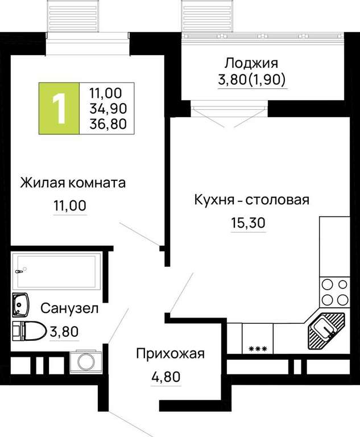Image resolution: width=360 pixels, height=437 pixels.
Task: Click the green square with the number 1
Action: pyautogui.click(x=59, y=109)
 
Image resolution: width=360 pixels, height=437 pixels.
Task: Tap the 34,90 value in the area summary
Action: pyautogui.click(x=108, y=109)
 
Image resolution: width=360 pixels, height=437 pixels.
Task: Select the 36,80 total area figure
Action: pyautogui.click(x=108, y=123)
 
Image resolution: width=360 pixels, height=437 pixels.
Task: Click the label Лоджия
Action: pyautogui.click(x=251, y=64)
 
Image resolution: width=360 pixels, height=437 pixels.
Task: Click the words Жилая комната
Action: pyautogui.click(x=73, y=183)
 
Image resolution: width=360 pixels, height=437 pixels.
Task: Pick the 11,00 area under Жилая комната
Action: pyautogui.click(x=70, y=205)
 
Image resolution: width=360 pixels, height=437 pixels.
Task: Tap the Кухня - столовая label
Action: pyautogui.click(x=251, y=200)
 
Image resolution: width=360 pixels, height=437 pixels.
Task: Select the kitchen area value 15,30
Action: pyautogui.click(x=248, y=223)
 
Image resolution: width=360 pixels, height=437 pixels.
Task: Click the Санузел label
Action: pyautogui.click(x=69, y=308)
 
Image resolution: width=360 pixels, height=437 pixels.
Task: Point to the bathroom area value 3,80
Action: pyautogui.click(x=64, y=332)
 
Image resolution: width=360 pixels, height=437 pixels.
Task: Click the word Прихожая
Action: pyautogui.click(x=170, y=354)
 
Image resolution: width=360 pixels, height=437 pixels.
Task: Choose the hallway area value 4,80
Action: pyautogui.click(x=166, y=377)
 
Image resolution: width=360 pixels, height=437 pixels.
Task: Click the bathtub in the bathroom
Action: pyautogui.click(x=56, y=271)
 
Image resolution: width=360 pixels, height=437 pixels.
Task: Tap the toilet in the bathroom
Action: pyautogui.click(x=29, y=331)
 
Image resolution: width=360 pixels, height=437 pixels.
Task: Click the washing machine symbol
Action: pyautogui.click(x=86, y=361)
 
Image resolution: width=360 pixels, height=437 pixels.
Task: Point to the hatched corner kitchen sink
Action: pyautogui.click(x=326, y=331)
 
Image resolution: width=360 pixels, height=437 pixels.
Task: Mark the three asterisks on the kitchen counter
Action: pyautogui.click(x=258, y=349)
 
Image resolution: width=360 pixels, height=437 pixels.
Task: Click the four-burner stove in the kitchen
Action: pyautogui.click(x=334, y=292)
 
